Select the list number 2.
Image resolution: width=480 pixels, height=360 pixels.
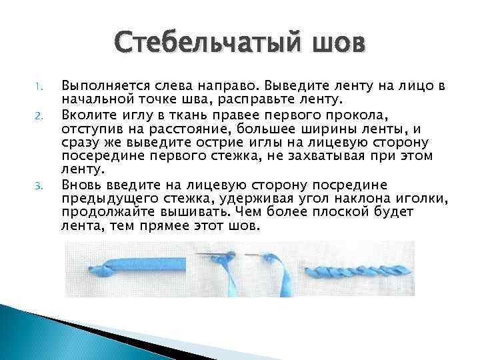39,115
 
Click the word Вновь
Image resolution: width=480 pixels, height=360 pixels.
78,185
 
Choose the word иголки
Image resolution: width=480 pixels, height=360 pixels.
424,199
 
